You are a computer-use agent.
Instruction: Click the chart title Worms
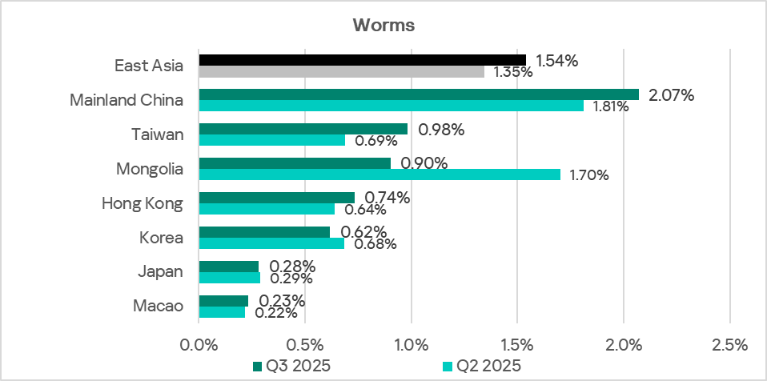(x=383, y=25)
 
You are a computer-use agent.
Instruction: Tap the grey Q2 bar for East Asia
(x=341, y=72)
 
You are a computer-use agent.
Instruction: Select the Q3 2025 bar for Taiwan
(x=303, y=129)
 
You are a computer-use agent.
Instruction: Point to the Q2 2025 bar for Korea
(x=271, y=243)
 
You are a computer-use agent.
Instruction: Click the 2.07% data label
(x=671, y=95)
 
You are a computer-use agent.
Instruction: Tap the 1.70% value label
(x=589, y=175)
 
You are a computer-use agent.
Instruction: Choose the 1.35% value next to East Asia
(x=513, y=72)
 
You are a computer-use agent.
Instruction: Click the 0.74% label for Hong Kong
(x=387, y=198)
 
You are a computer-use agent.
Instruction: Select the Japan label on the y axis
(x=163, y=271)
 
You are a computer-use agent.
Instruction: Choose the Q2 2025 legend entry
(x=481, y=366)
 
